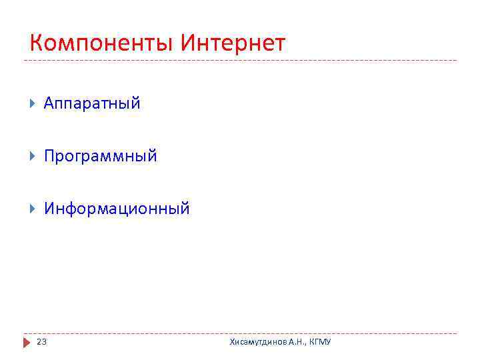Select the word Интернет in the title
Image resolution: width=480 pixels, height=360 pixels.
(233, 44)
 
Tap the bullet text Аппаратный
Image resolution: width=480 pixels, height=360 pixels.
(92, 103)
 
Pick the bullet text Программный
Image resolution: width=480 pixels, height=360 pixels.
(101, 156)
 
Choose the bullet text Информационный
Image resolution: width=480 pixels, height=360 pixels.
(117, 209)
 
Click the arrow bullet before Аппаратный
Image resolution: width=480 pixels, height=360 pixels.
(33, 103)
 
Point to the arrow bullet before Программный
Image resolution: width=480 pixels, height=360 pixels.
(33, 156)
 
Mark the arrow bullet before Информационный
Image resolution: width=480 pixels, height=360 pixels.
(33, 209)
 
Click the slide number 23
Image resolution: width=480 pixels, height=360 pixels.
(41, 342)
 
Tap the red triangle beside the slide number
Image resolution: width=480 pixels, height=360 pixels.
(27, 342)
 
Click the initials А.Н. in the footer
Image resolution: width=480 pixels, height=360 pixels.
(297, 342)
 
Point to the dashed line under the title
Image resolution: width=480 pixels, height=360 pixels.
(240, 61)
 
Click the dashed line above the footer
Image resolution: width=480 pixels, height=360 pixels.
(240, 333)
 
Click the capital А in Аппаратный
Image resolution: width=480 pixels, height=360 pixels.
(49, 103)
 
